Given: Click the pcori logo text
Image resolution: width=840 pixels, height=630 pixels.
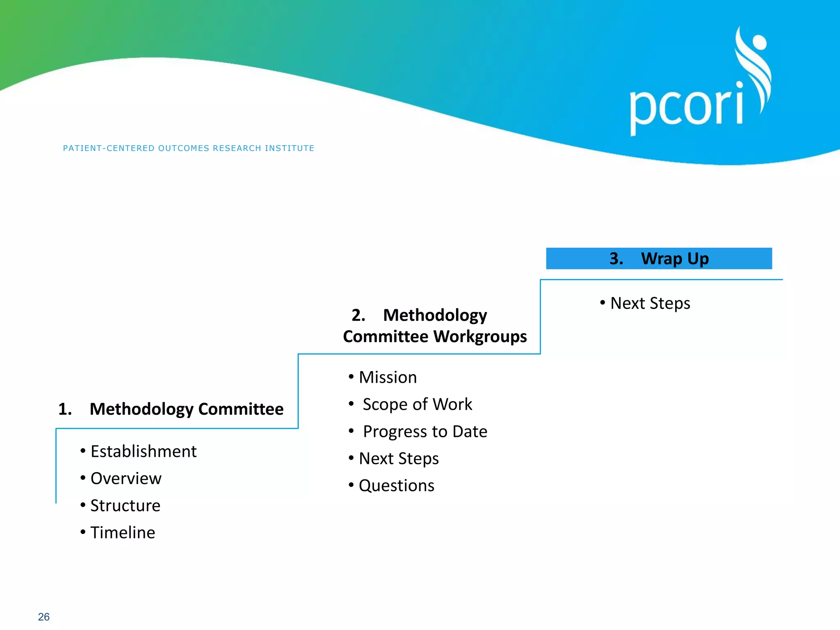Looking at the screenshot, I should [x=686, y=107].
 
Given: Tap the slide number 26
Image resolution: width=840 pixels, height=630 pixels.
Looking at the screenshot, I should [x=44, y=617].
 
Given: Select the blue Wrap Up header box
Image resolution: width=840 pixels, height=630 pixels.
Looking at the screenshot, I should [x=659, y=258].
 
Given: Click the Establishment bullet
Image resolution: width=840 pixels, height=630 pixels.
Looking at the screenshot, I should [x=143, y=451].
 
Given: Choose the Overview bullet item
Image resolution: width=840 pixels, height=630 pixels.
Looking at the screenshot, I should [x=126, y=478].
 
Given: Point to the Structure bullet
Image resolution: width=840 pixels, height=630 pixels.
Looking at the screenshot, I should [x=125, y=505].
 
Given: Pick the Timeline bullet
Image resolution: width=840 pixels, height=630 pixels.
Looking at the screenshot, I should [x=123, y=532].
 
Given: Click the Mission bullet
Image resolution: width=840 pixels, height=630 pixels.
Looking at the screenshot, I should [x=388, y=377].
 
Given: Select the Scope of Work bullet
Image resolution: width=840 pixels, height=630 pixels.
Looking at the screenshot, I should [x=417, y=404].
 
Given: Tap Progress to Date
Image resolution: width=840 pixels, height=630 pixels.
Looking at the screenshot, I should [x=425, y=431].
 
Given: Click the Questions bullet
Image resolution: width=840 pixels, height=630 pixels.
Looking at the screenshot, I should [x=396, y=486].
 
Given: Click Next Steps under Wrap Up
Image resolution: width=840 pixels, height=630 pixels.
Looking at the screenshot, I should [x=650, y=304].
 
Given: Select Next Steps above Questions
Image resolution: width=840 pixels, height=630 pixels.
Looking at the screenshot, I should [x=399, y=459].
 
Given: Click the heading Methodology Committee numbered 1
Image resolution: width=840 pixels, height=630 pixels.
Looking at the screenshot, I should [x=186, y=409].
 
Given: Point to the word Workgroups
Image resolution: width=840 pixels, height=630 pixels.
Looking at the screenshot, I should [x=480, y=337].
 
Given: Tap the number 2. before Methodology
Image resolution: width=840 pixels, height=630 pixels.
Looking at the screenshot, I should [x=358, y=315].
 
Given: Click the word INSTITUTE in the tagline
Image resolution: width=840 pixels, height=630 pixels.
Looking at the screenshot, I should [x=290, y=148].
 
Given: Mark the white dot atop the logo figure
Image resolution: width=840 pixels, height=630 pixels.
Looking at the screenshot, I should [x=760, y=42].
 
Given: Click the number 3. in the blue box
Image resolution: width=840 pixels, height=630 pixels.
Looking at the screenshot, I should [x=616, y=258].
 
